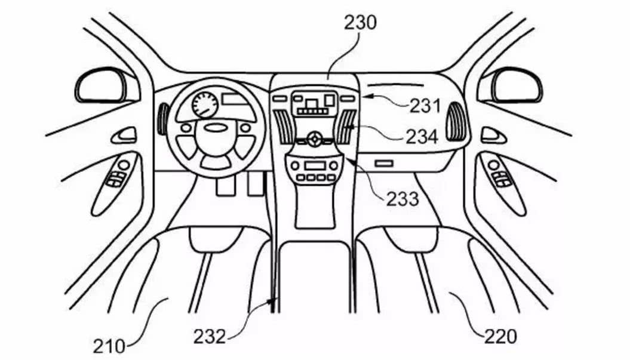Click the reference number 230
pyautogui.click(x=360, y=23)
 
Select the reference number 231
pyautogui.click(x=425, y=106)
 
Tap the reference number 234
pyautogui.click(x=422, y=137)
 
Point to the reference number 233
pyautogui.click(x=402, y=198)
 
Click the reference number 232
pyautogui.click(x=209, y=336)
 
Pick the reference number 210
pyautogui.click(x=109, y=344)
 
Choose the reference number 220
pyautogui.click(x=500, y=337)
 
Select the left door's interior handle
pyautogui.click(x=124, y=135)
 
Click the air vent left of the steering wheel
pyautogui.click(x=161, y=119)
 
